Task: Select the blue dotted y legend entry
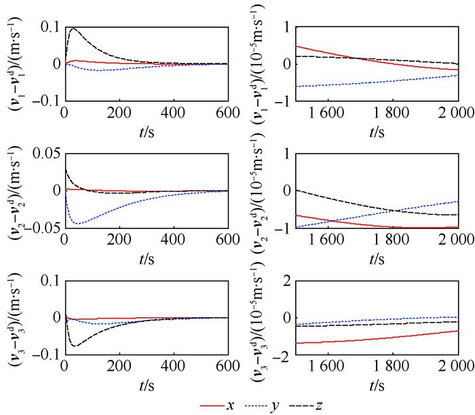(x=264, y=405)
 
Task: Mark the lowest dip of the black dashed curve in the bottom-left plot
(x=74, y=346)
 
